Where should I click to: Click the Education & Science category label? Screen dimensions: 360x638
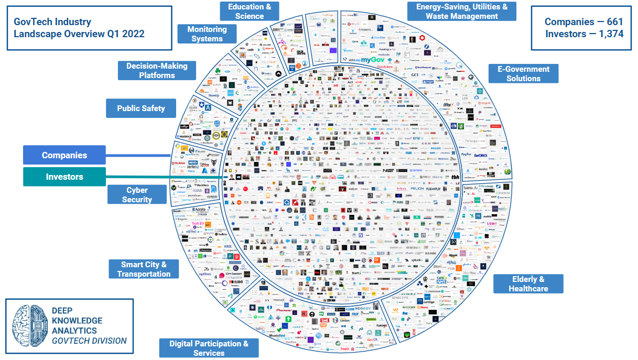[249, 11]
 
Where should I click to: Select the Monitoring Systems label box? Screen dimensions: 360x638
[207, 34]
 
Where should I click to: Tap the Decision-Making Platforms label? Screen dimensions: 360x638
[157, 70]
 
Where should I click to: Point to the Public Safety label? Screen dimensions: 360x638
[141, 108]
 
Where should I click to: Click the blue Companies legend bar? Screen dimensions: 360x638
[64, 155]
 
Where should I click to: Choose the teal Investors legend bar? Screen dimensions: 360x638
[64, 177]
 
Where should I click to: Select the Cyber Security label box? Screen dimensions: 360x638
[137, 194]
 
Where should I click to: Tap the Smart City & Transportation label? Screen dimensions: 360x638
[144, 269]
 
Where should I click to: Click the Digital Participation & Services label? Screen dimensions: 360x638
[209, 348]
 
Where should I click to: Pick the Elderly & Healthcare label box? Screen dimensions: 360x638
[528, 283]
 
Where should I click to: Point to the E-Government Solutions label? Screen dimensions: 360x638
[523, 73]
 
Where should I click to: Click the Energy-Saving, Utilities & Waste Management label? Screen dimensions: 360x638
[461, 11]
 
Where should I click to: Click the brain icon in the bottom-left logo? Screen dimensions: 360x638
[28, 325]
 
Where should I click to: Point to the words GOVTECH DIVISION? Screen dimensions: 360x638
[89, 341]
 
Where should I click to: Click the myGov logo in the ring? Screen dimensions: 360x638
[373, 60]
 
